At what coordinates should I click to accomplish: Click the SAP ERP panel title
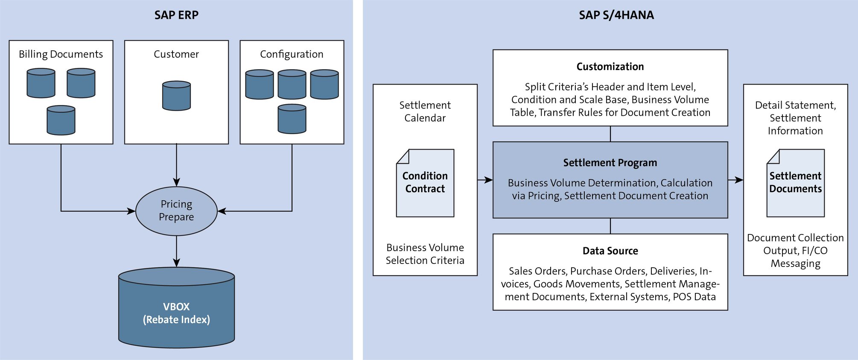[x=176, y=15]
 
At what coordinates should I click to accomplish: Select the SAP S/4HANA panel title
[x=616, y=15]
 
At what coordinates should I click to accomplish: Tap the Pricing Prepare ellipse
[x=176, y=211]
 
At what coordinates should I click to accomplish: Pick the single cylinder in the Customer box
[x=176, y=96]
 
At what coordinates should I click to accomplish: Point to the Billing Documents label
[x=61, y=54]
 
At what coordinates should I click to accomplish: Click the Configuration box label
[x=292, y=54]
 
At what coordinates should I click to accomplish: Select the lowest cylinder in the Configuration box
[x=292, y=119]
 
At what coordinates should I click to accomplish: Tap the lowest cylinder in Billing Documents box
[x=61, y=120]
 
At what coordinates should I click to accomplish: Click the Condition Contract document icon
[x=425, y=183]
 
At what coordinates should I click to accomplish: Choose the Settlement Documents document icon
[x=795, y=183]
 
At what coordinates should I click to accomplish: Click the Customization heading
[x=610, y=67]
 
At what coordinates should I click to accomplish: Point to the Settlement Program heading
[x=610, y=163]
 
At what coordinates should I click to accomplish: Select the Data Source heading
[x=610, y=251]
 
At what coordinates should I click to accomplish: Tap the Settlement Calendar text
[x=425, y=111]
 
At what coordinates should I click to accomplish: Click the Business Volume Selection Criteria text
[x=425, y=254]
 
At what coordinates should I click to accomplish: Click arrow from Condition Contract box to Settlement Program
[x=485, y=180]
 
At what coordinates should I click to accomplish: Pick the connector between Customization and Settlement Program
[x=610, y=134]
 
